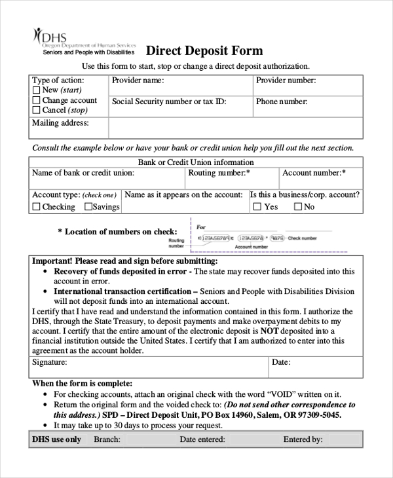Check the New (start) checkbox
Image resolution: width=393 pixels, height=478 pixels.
[x=37, y=90]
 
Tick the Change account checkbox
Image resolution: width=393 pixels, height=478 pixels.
[x=37, y=101]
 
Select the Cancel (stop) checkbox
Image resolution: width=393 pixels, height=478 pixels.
[x=37, y=111]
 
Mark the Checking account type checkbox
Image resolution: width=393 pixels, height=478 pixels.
[x=37, y=207]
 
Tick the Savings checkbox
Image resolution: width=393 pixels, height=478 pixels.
[x=88, y=207]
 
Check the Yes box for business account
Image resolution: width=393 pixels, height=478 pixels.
[x=257, y=207]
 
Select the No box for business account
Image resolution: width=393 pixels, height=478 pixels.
[x=298, y=207]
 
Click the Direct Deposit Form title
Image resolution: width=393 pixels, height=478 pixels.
[x=204, y=50]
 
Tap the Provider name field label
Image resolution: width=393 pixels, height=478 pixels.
[x=138, y=81]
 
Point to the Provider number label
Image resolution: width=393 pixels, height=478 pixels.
[x=286, y=81]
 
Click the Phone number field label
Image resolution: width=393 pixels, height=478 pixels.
[x=281, y=102]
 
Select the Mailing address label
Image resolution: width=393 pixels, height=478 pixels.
[x=60, y=123]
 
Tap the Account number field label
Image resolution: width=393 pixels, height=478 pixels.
[x=314, y=174]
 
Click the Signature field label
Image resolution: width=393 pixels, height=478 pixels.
[x=50, y=362]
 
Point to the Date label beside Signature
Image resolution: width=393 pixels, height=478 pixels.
[x=281, y=362]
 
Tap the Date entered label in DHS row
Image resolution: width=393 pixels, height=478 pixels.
[x=203, y=439]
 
